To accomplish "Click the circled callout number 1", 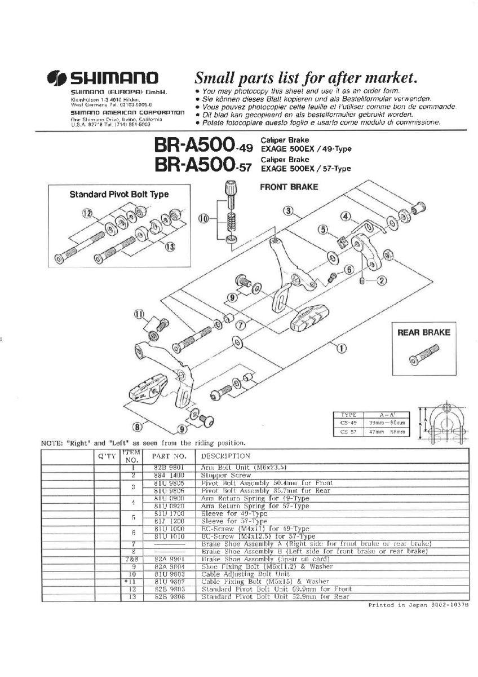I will [342, 348].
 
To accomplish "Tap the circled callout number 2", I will [381, 280].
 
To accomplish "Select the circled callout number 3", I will [289, 212].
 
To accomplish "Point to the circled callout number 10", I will [204, 218].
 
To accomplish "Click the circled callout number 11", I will [139, 314].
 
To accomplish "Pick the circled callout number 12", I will [86, 213].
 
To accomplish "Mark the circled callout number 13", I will [170, 246].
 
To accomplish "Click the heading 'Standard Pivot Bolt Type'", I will [119, 195].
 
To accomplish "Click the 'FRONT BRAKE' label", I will [289, 187].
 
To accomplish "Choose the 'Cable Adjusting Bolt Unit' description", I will [236, 574].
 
